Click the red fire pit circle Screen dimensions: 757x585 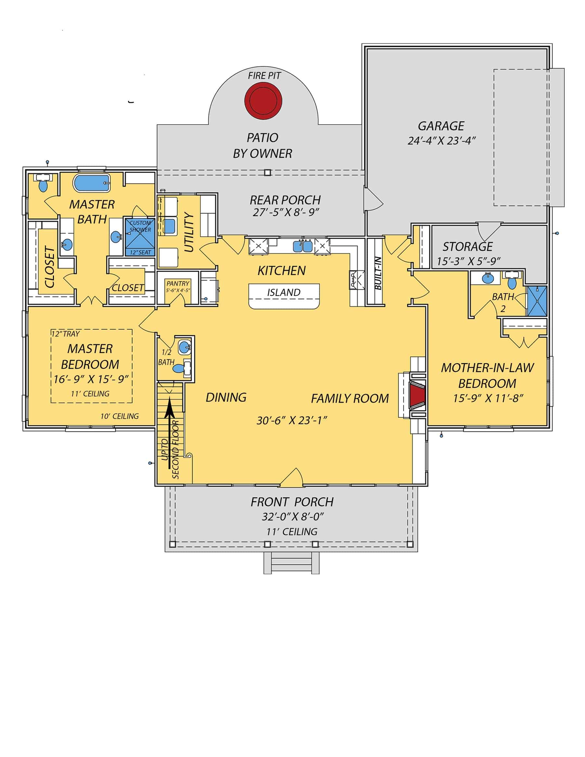coord(263,101)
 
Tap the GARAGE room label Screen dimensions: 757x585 coord(441,126)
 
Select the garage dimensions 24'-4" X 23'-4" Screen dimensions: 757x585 coord(442,141)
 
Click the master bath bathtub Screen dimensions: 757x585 coord(92,183)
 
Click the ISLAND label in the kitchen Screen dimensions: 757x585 coord(283,292)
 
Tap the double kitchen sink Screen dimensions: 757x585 coord(303,246)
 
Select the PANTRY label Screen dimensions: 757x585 coord(178,283)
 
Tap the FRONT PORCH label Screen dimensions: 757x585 coord(292,502)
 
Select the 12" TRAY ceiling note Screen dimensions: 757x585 coord(66,334)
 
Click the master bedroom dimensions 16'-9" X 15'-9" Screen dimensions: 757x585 coord(91,379)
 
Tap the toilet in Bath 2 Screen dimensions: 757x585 coord(512,282)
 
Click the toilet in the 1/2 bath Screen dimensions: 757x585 coord(179,369)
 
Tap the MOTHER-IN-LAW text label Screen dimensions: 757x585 coord(487,368)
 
